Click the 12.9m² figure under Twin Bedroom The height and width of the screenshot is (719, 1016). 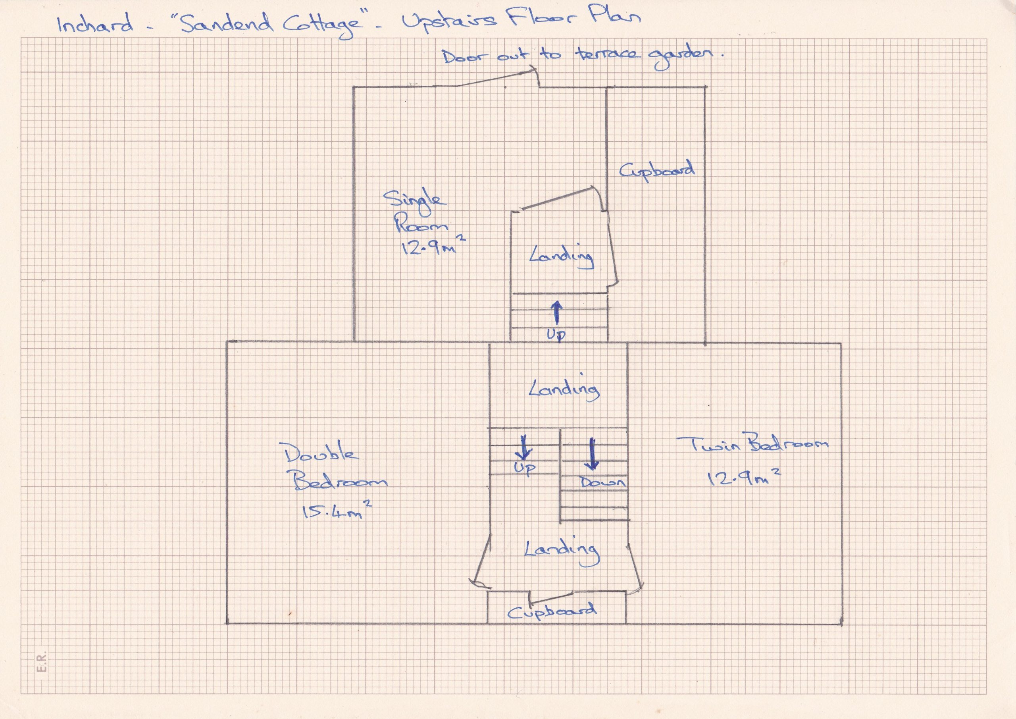743,478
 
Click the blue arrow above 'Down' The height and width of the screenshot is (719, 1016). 592,454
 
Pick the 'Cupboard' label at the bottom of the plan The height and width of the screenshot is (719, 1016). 551,611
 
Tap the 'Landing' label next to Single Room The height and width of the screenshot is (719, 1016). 562,258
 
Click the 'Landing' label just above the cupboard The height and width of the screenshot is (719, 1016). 562,551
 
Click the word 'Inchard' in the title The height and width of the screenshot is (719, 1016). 95,24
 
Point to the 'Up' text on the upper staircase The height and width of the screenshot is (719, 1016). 556,335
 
